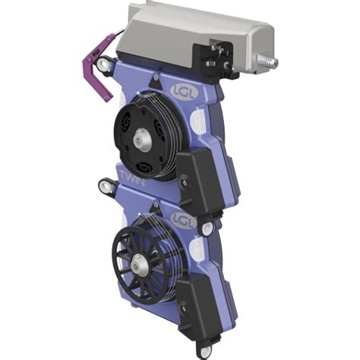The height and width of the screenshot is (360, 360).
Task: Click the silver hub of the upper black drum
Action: [143, 137]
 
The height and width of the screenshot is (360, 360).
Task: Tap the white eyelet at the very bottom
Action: [204, 352]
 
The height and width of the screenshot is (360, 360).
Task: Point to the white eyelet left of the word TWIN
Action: [104, 185]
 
